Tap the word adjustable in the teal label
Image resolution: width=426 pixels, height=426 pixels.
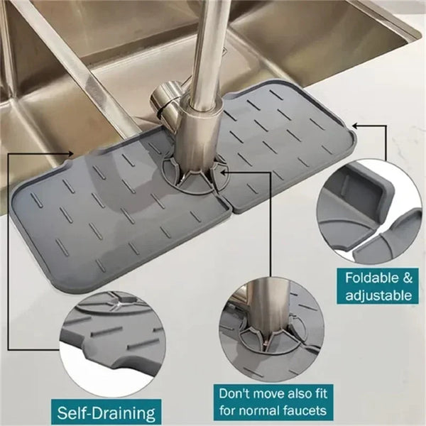point(379,295)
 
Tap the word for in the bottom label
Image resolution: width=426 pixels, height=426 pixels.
point(227,410)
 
